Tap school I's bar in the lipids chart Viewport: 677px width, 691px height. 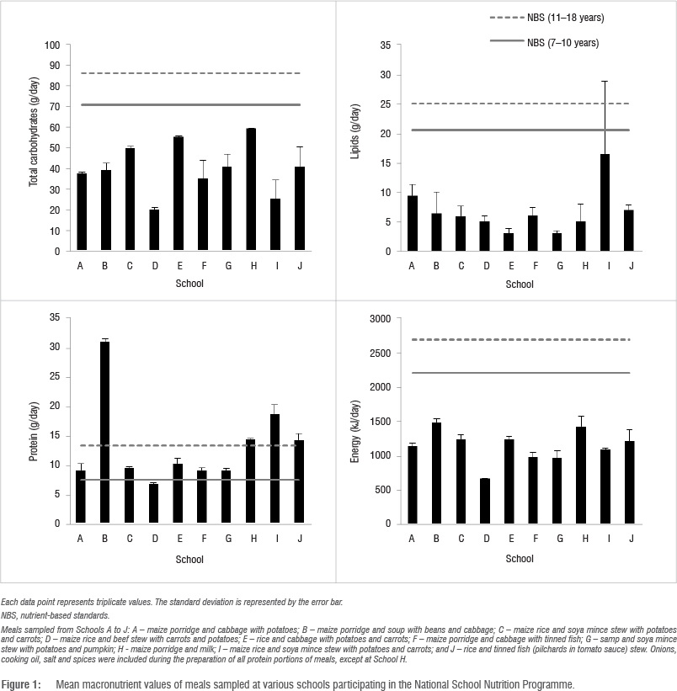(x=605, y=203)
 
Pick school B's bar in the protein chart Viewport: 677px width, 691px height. (x=104, y=433)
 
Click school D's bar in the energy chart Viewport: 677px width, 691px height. (x=484, y=501)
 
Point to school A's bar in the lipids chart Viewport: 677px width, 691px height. (x=412, y=224)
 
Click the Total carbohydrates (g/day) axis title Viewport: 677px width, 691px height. (x=35, y=147)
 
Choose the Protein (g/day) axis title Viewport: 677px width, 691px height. (x=35, y=421)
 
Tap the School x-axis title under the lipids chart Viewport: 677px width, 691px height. (x=520, y=284)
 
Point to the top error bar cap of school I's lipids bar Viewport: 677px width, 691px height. (x=605, y=81)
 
